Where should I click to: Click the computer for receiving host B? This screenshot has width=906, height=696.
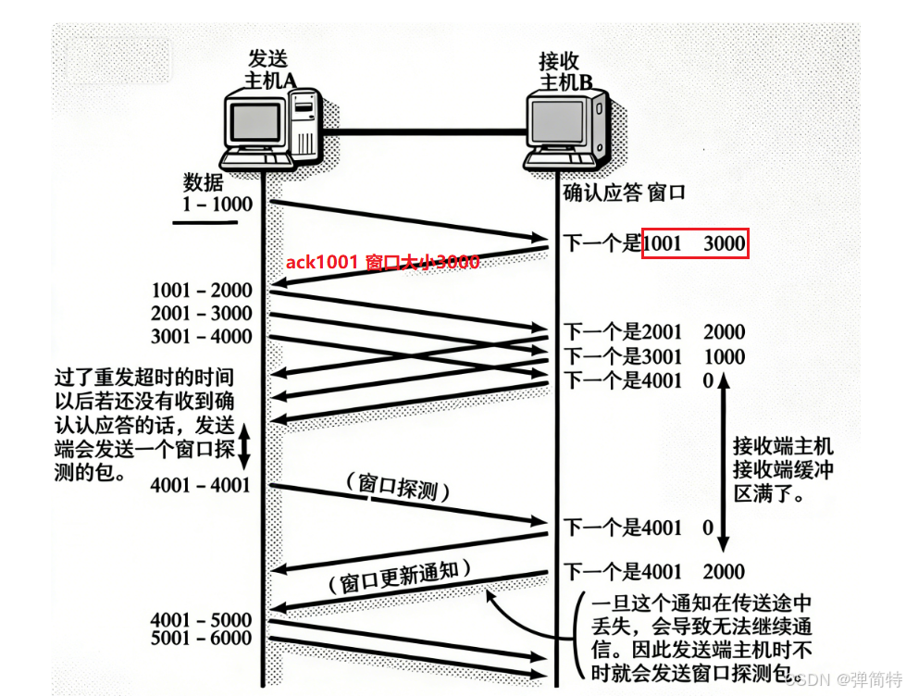(x=566, y=129)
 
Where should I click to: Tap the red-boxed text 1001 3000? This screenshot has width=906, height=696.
(x=695, y=244)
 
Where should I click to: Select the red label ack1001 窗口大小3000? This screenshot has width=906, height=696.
(x=382, y=263)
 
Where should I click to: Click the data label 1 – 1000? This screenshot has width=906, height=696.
(x=217, y=204)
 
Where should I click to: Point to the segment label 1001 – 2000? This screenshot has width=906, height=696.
(x=202, y=290)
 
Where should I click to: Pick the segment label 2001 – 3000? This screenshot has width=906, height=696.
(x=202, y=313)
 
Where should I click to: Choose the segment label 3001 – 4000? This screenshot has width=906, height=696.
(x=202, y=336)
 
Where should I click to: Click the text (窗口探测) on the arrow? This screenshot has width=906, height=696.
(x=397, y=488)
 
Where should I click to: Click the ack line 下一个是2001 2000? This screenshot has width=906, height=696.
(x=654, y=332)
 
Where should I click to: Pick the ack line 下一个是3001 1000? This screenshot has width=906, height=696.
(x=654, y=356)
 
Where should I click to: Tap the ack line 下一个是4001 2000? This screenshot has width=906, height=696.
(x=654, y=572)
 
